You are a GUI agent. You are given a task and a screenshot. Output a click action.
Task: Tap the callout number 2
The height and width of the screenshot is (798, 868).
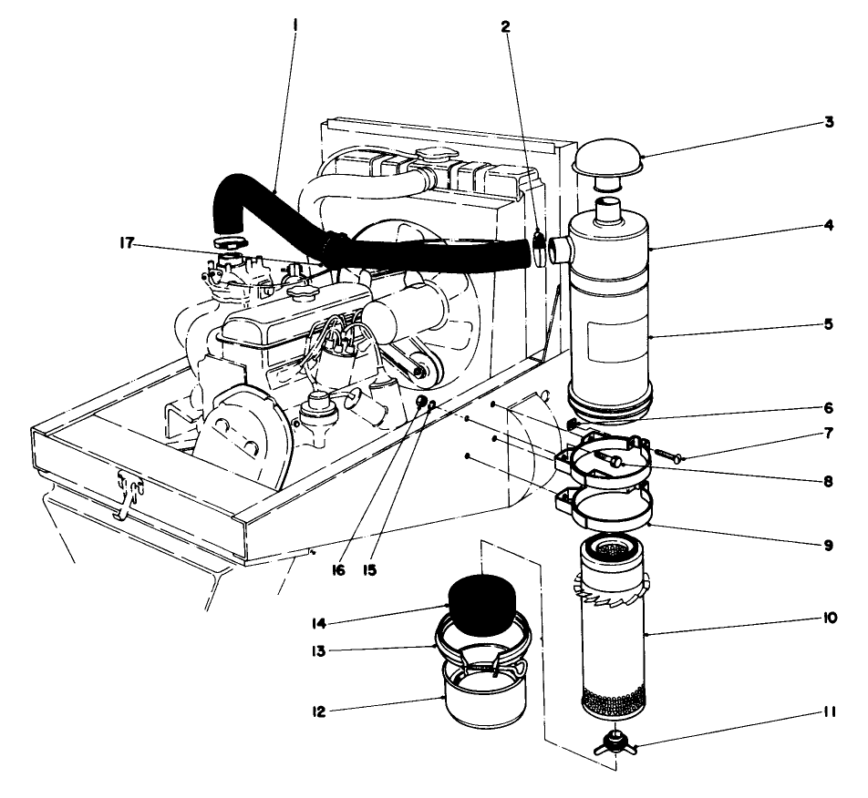click(x=505, y=26)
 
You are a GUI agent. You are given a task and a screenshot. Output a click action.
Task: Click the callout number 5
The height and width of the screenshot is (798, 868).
click(x=828, y=322)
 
